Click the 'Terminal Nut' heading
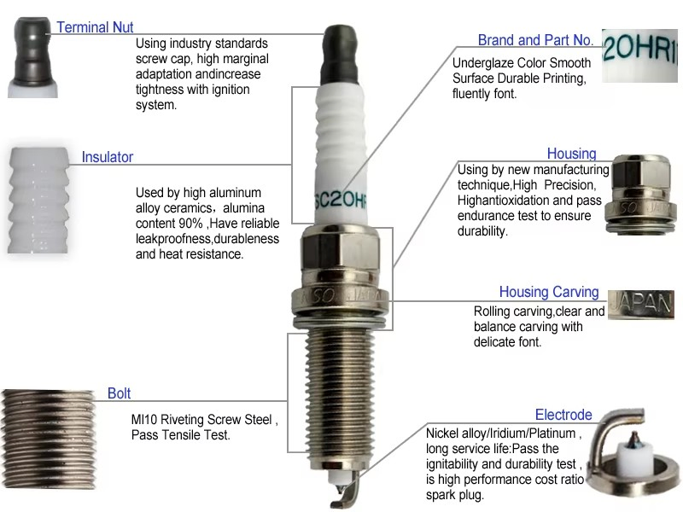pos(95,27)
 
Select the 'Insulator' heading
pos(108,157)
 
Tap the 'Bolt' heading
pos(119,393)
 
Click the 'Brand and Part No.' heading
pos(536,40)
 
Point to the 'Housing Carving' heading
pos(549,292)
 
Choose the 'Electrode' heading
pos(563,415)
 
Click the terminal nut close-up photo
pos(32,57)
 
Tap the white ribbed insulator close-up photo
pos(38,201)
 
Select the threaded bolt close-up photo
pos(48,439)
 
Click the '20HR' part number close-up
pos(639,55)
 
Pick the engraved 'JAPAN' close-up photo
pos(641,305)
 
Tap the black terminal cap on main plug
pos(340,55)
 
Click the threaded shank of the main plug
pos(340,396)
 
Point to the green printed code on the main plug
pos(341,200)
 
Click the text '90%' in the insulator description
pos(190,224)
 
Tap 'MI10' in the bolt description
pos(144,419)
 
